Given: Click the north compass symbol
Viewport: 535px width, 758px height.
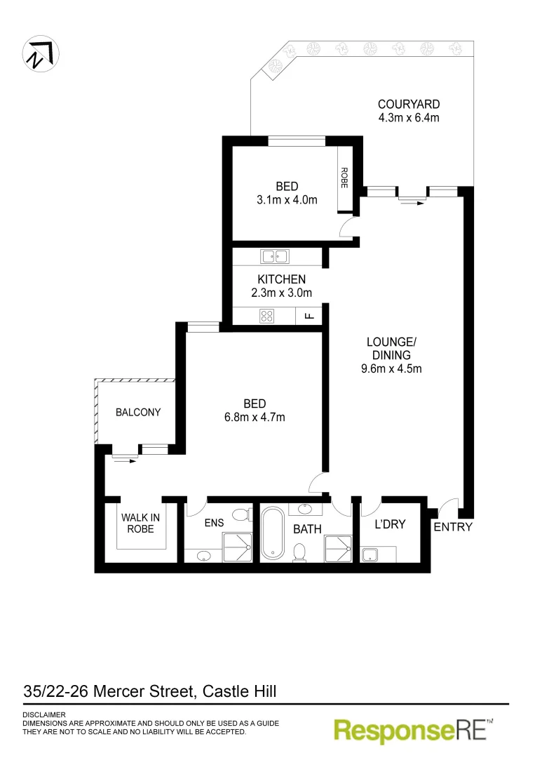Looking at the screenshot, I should point(41,53).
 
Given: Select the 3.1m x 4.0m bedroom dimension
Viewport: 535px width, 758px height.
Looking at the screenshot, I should point(287,200).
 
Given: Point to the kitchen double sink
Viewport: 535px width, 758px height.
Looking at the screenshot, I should point(274,256).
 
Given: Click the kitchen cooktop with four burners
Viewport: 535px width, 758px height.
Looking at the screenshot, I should point(267,316).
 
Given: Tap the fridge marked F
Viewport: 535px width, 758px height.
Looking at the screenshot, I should point(309,316).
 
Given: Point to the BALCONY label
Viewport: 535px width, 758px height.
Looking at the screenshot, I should point(138,412).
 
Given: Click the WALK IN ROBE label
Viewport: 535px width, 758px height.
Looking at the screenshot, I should point(140,524).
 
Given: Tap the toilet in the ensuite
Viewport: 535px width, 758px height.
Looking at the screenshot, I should point(241,515).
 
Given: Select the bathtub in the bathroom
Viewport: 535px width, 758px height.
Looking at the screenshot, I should point(271,534).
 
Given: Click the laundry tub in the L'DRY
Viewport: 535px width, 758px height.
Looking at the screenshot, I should point(371,554).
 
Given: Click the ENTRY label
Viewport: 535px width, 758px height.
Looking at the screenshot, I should point(453,527).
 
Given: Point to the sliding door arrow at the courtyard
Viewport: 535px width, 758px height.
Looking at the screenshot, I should point(412,202).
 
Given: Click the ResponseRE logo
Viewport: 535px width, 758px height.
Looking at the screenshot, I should point(414,730).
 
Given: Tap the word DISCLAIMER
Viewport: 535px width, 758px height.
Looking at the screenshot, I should point(44,714).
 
